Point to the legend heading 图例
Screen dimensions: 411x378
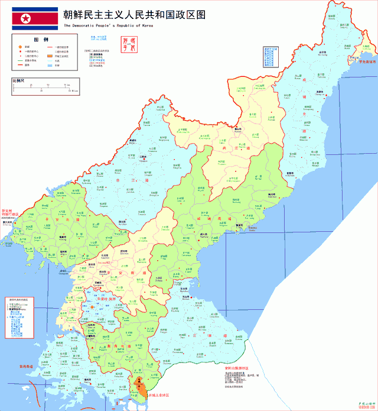coord(41,39)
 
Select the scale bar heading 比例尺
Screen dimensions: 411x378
coord(19,80)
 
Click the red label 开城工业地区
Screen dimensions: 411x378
coord(159,394)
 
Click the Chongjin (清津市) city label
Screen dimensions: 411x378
coord(320,93)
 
